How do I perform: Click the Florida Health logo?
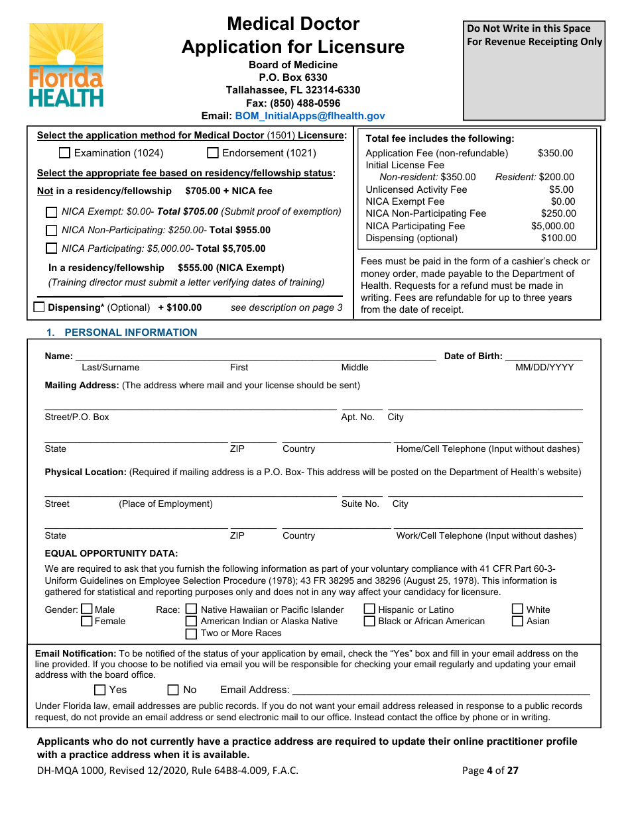click(66, 65)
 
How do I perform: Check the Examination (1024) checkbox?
click(64, 153)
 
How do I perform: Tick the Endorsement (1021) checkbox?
click(213, 153)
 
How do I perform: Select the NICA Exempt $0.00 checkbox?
click(51, 213)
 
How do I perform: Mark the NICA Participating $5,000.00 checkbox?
click(51, 249)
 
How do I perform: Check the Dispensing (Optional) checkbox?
click(39, 307)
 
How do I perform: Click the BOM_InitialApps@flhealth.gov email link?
click(310, 115)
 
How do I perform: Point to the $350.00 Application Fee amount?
click(555, 153)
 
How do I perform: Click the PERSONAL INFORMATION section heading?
click(131, 333)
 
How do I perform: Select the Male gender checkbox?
click(87, 609)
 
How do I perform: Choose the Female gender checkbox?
click(87, 622)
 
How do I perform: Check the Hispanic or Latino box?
click(370, 609)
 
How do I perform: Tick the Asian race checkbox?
click(518, 622)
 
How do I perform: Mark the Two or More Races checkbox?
click(191, 633)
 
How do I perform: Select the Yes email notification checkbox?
click(100, 690)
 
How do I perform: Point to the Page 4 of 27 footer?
click(490, 770)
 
